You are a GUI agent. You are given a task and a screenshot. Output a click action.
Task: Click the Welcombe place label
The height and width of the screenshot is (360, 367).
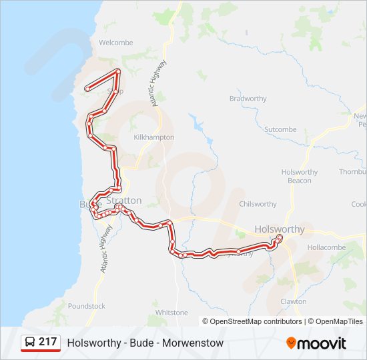[116, 43]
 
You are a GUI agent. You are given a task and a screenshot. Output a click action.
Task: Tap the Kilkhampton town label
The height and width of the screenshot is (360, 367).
[154, 137]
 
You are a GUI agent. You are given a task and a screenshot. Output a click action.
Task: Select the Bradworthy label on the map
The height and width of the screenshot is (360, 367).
[248, 99]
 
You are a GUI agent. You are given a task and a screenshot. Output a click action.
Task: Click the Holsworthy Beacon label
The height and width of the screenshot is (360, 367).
[300, 176]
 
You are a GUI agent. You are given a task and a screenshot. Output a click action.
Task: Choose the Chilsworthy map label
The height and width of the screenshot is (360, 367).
[258, 204]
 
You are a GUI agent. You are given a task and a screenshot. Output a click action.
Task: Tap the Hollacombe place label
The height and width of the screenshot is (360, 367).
[326, 247]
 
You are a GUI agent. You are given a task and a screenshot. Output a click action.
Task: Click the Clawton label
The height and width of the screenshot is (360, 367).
[293, 301]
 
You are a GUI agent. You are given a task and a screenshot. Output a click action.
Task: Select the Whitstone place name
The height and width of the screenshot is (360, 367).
[171, 312]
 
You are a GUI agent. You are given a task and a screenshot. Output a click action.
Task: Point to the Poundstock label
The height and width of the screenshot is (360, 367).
[87, 306]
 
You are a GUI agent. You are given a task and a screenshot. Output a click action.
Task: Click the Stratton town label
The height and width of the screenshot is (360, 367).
[123, 200]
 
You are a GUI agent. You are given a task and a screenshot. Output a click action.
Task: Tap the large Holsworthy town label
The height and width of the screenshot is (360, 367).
[280, 229]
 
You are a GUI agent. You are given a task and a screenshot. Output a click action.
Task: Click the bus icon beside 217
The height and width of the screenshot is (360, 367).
[30, 343]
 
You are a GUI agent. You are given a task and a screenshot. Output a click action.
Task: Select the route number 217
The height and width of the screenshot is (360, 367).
[47, 342]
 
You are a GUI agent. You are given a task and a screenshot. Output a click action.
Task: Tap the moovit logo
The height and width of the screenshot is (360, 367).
[316, 343]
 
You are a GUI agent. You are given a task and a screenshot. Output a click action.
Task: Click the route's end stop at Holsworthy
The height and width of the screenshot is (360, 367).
[280, 237]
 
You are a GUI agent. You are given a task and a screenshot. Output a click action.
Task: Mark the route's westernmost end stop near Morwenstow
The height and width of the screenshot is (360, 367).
[87, 89]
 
